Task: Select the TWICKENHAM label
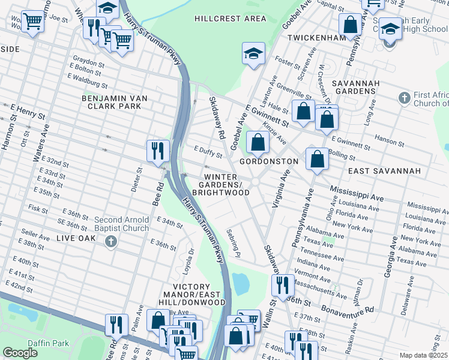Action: pos(316,37)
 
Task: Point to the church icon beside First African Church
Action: pos(405,98)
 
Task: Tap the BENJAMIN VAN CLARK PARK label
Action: pos(115,102)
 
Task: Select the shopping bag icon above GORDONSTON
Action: pos(258,142)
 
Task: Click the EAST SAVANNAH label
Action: pos(384,171)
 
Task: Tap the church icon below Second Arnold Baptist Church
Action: pos(110,242)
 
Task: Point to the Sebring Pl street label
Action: pos(234,242)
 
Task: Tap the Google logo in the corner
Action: pos(20,353)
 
